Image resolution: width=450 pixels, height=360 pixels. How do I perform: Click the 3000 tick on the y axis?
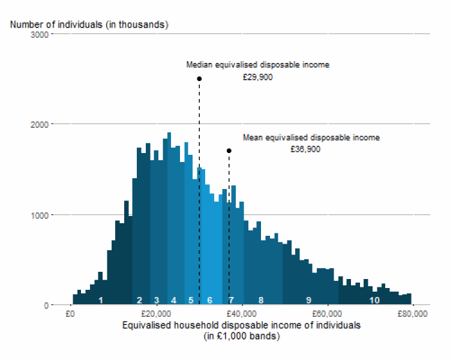40,35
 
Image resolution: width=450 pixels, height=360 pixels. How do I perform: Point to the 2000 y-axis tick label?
40,125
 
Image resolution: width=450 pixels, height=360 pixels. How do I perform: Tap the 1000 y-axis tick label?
40,215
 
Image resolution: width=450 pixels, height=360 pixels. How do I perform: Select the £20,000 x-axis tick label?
156,314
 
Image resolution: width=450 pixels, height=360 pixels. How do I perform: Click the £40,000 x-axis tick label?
242,314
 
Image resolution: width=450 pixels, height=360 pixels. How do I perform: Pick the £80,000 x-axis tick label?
412,314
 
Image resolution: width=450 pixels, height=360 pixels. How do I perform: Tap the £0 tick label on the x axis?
70,314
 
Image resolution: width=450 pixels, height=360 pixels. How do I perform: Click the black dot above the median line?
199,79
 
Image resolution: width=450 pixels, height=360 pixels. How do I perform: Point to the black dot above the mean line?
229,151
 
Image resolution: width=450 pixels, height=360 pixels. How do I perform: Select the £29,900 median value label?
258,77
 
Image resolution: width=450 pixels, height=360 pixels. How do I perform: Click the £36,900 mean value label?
305,149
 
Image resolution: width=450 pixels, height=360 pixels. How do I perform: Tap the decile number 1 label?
101,300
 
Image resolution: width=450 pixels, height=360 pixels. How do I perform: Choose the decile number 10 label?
374,300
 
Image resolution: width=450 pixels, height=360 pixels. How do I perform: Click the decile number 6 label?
210,300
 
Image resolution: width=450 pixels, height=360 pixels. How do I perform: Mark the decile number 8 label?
261,300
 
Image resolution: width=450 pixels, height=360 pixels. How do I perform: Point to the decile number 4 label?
173,300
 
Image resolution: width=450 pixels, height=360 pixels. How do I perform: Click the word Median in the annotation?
199,65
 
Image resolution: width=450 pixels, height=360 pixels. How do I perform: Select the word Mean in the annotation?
253,137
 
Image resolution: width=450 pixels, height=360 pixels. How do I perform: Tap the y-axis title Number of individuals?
56,25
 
